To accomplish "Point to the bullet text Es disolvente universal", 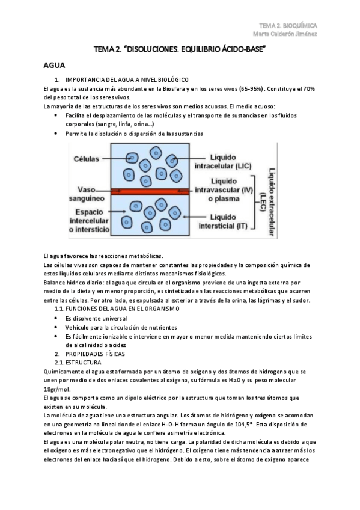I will coord(96,318).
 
